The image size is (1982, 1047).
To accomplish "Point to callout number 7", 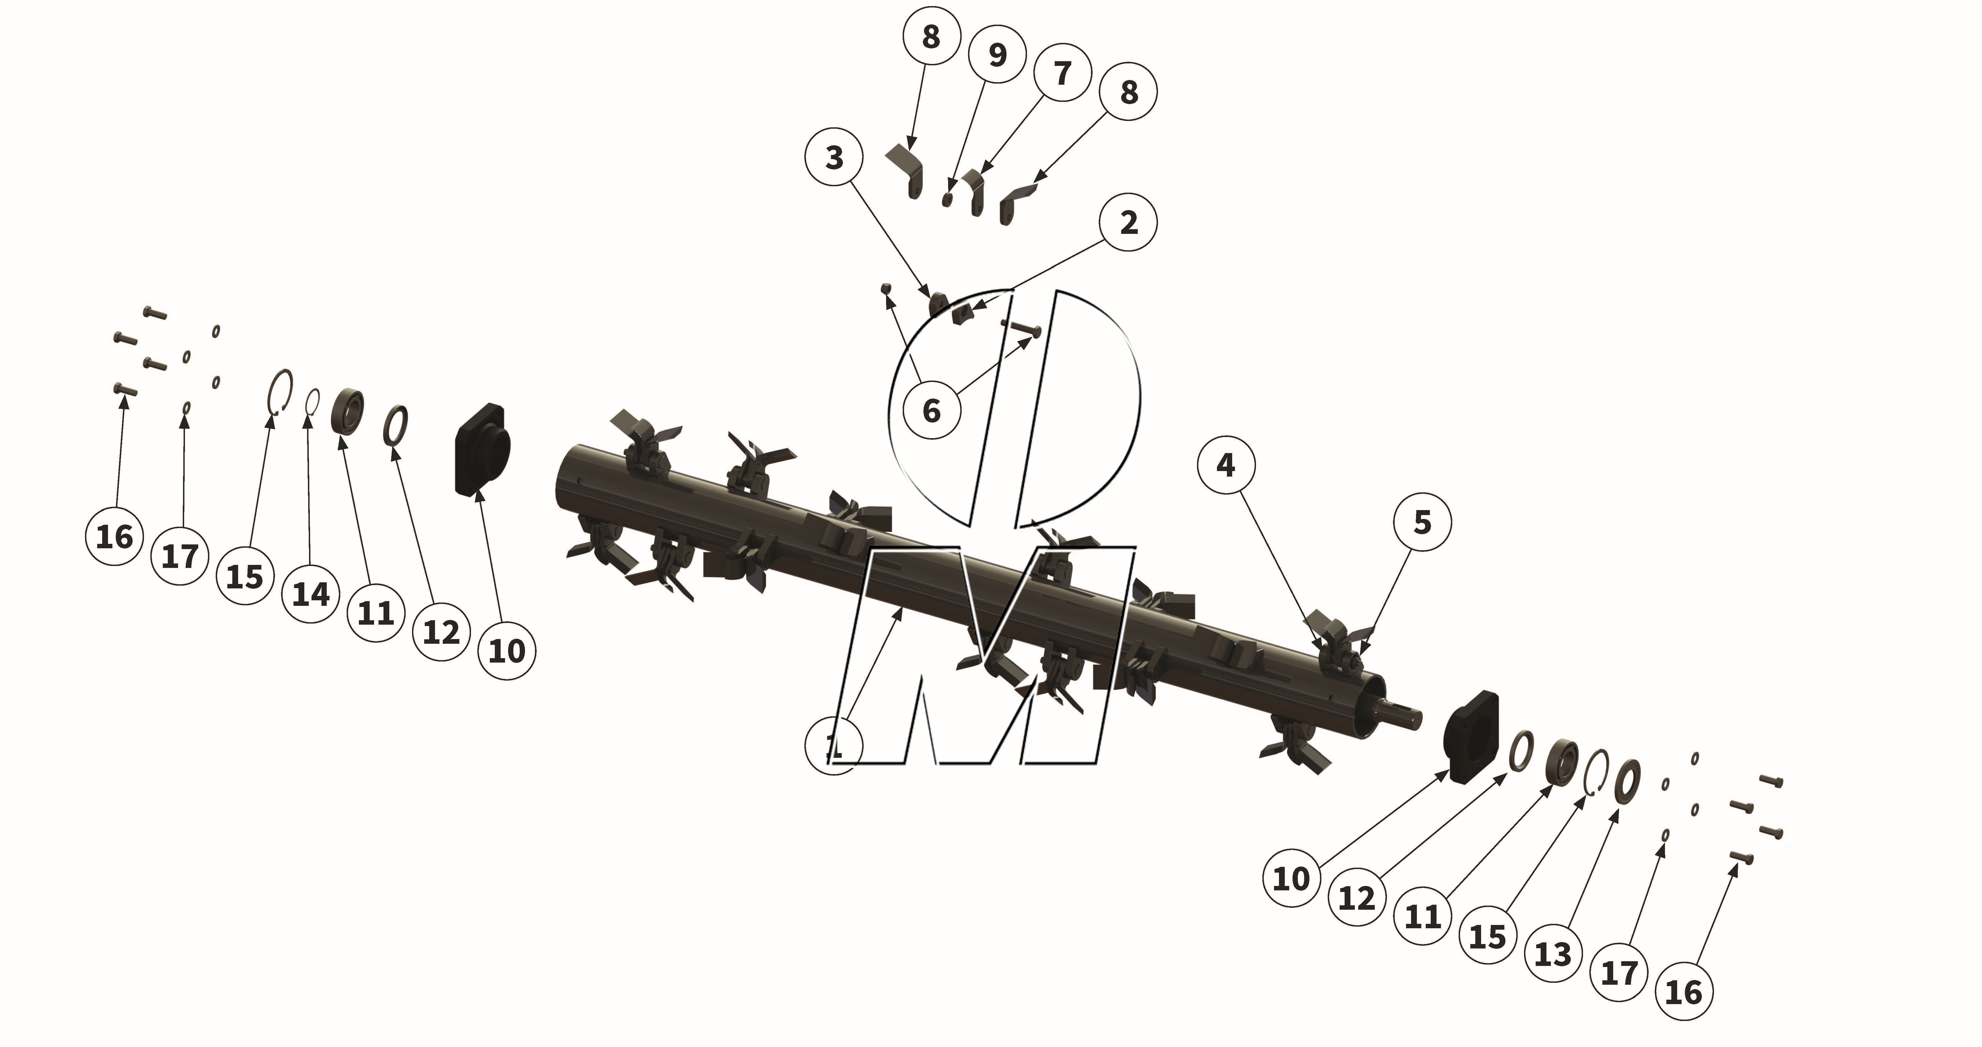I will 1062,73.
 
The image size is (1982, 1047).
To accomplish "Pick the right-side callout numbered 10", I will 1291,878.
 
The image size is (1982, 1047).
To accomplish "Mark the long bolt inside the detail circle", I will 1022,329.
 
